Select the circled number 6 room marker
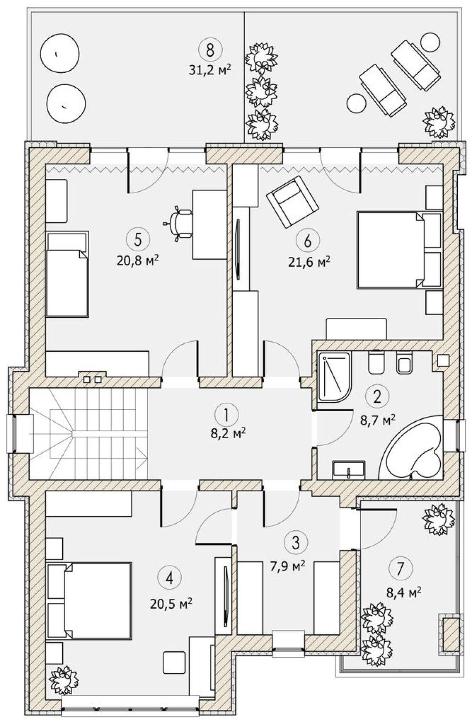tap(308, 240)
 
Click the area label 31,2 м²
tap(210, 69)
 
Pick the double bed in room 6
tap(399, 249)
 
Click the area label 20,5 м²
tap(171, 603)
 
